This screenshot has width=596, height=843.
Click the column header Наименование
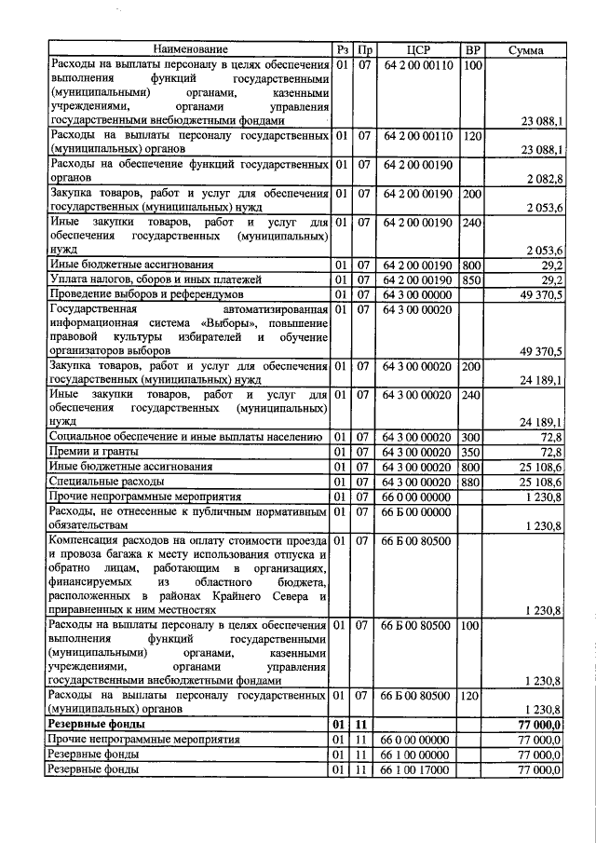[190, 48]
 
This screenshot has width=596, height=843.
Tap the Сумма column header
[526, 49]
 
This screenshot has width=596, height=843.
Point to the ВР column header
[473, 48]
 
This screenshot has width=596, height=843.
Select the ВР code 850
[473, 279]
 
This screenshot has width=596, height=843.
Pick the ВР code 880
[473, 482]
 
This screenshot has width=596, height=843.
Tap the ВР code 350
[473, 451]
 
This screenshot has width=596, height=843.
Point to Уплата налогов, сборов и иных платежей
[141, 279]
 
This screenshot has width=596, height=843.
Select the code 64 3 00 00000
[416, 294]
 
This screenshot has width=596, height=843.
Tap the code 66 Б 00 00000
[416, 511]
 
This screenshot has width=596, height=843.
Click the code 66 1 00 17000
[416, 770]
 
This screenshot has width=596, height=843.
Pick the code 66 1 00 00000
[416, 755]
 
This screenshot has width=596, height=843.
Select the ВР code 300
[473, 436]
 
